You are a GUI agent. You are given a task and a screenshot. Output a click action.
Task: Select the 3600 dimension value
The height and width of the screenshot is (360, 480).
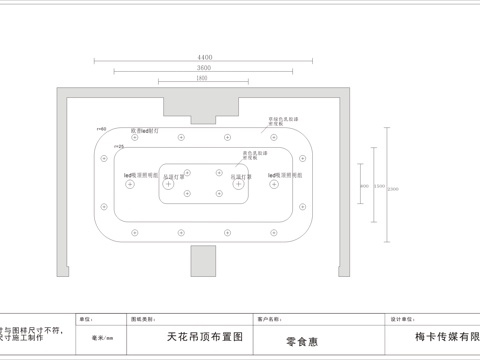click(x=205, y=68)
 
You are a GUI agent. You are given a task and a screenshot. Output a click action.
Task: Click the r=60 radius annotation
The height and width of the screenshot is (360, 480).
click(x=101, y=129)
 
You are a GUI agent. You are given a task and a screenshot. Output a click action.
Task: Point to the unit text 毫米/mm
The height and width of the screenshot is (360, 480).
click(x=102, y=339)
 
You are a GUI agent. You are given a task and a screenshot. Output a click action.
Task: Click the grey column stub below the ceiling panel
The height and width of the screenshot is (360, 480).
click(x=205, y=262)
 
